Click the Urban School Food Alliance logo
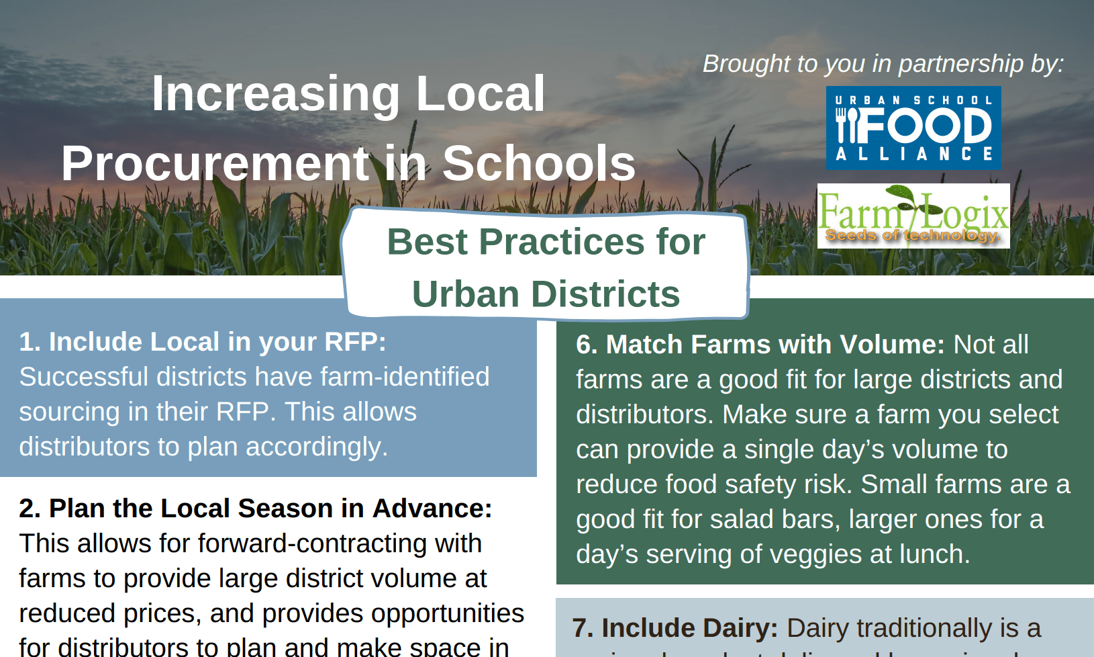click(x=913, y=128)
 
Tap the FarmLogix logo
click(x=913, y=215)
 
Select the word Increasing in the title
click(x=276, y=93)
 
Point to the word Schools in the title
click(x=538, y=163)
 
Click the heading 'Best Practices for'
click(x=546, y=242)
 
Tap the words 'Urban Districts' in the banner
click(x=546, y=294)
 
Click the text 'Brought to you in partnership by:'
click(x=883, y=64)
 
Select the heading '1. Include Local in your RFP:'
click(x=202, y=342)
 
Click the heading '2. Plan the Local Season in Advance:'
click(x=255, y=509)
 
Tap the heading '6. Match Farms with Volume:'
click(x=760, y=345)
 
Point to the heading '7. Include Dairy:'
click(x=675, y=628)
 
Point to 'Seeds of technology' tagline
click(x=911, y=235)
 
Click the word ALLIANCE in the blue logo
click(x=913, y=154)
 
